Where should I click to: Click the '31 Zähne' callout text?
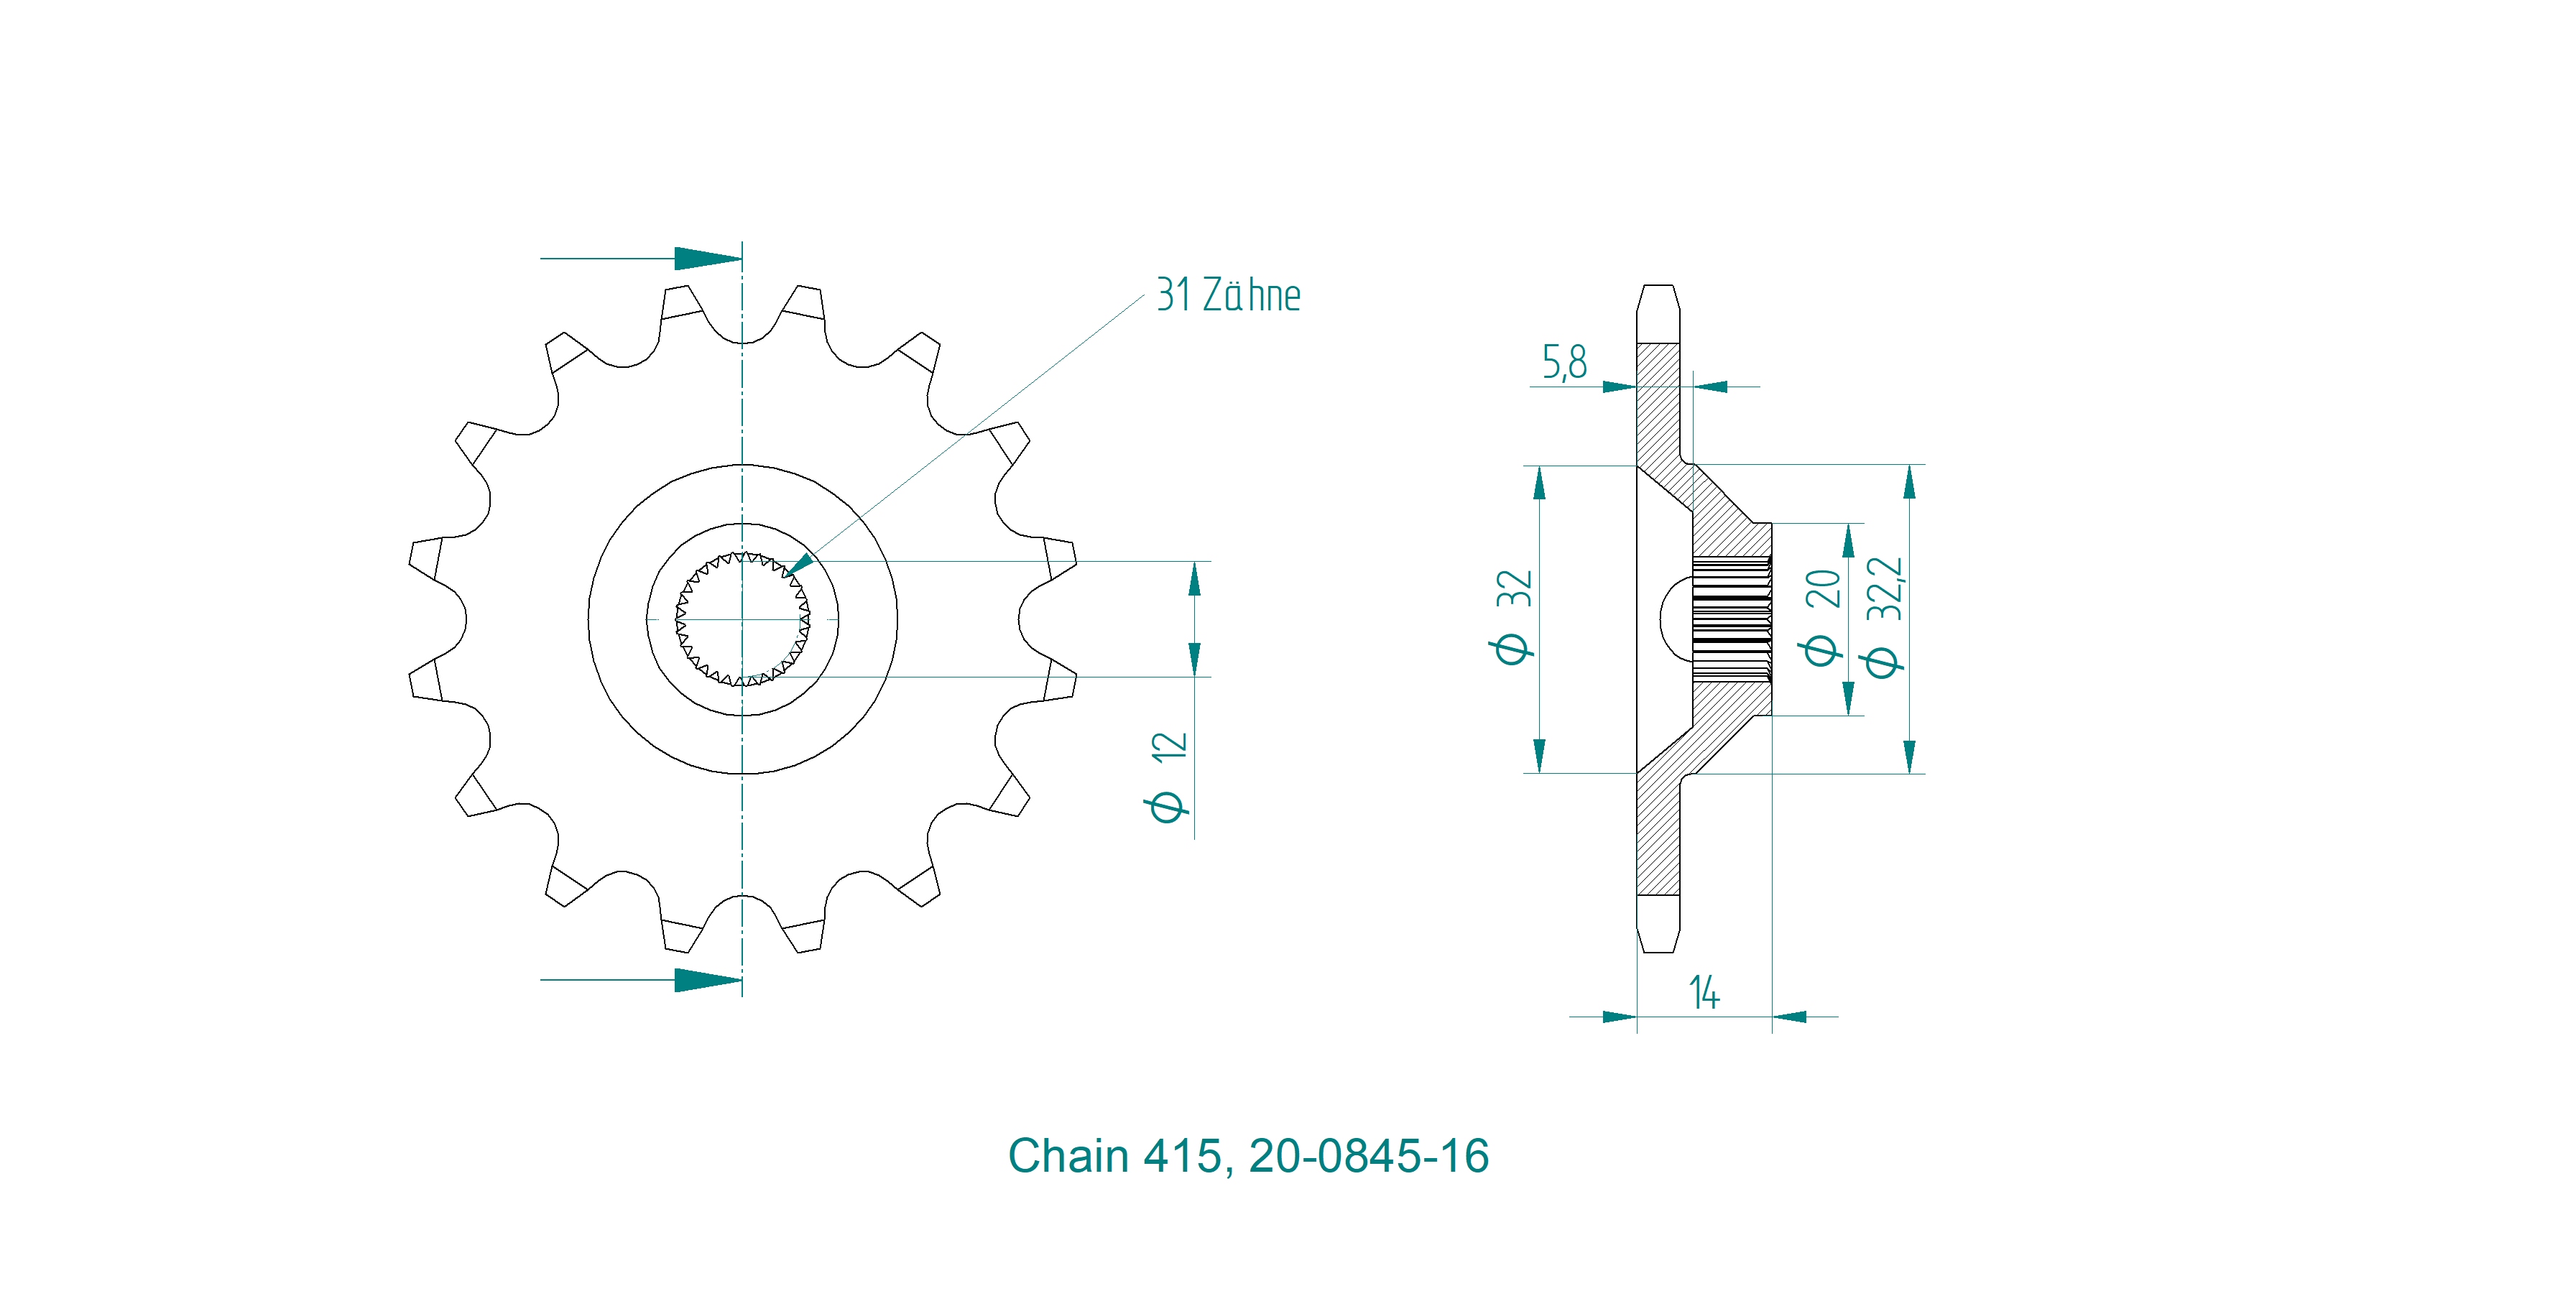[1228, 295]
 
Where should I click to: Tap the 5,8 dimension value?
[1564, 363]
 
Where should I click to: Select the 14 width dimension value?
[1704, 993]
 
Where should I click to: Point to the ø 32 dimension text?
[1513, 617]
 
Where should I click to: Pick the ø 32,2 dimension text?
[1884, 617]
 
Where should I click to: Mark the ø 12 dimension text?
[1168, 777]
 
